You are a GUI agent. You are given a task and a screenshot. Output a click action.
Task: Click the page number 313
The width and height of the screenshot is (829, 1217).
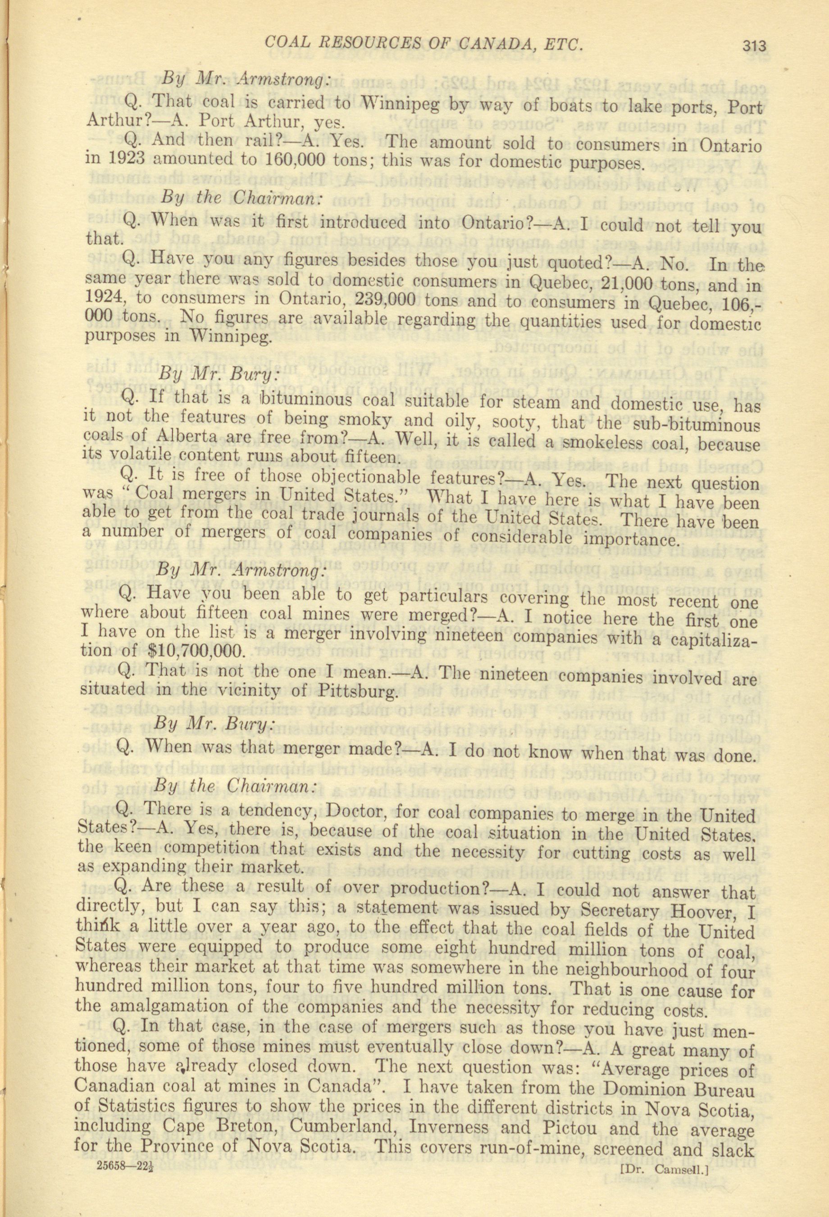coord(753,45)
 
